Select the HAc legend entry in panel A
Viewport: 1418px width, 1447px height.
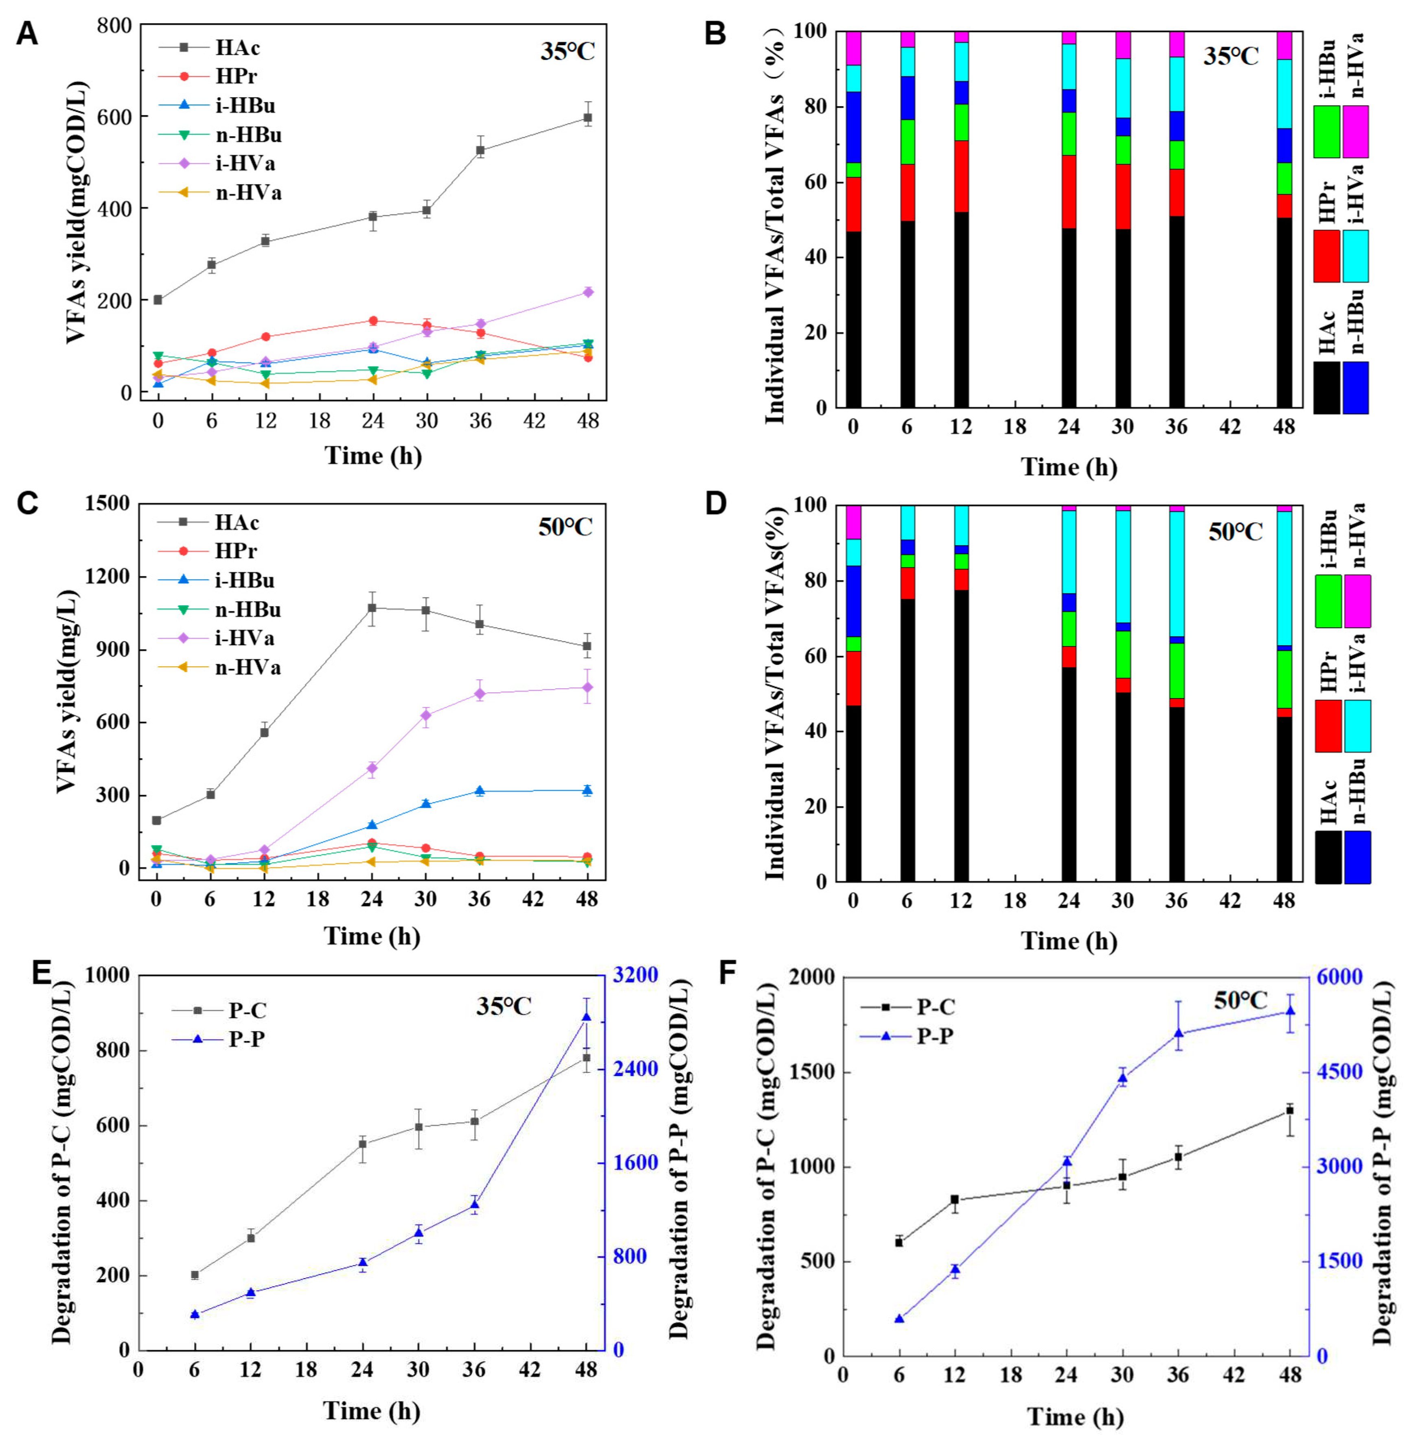237,48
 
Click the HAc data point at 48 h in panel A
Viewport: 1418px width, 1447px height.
587,118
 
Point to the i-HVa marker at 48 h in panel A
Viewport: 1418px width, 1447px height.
587,292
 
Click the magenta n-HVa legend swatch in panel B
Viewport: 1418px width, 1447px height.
1355,132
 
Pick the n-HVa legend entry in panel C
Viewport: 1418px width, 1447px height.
247,668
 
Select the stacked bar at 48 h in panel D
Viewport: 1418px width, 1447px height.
1284,693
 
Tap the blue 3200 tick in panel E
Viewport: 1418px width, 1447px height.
635,974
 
